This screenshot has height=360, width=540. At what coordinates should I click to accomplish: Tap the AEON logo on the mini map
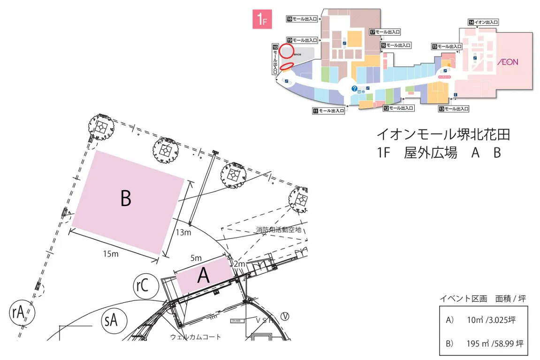(508, 61)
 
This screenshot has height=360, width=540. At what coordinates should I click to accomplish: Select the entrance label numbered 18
(302, 19)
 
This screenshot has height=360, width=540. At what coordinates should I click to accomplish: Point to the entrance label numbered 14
(483, 22)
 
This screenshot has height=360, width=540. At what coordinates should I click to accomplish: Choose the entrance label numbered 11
(328, 111)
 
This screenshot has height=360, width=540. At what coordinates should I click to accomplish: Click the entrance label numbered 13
(454, 109)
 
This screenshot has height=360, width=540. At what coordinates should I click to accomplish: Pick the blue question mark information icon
(355, 88)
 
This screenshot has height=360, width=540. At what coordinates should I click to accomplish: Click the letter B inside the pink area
(126, 199)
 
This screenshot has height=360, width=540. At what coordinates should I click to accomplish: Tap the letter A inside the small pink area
(203, 276)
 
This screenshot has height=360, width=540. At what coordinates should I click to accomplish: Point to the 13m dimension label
(183, 232)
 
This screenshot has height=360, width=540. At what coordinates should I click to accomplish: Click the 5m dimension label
(196, 258)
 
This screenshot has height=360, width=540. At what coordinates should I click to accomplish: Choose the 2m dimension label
(240, 265)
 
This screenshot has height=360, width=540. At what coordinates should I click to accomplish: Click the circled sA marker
(111, 322)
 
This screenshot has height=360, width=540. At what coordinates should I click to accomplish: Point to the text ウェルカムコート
(195, 337)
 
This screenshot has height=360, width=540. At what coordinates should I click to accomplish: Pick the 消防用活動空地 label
(278, 230)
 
